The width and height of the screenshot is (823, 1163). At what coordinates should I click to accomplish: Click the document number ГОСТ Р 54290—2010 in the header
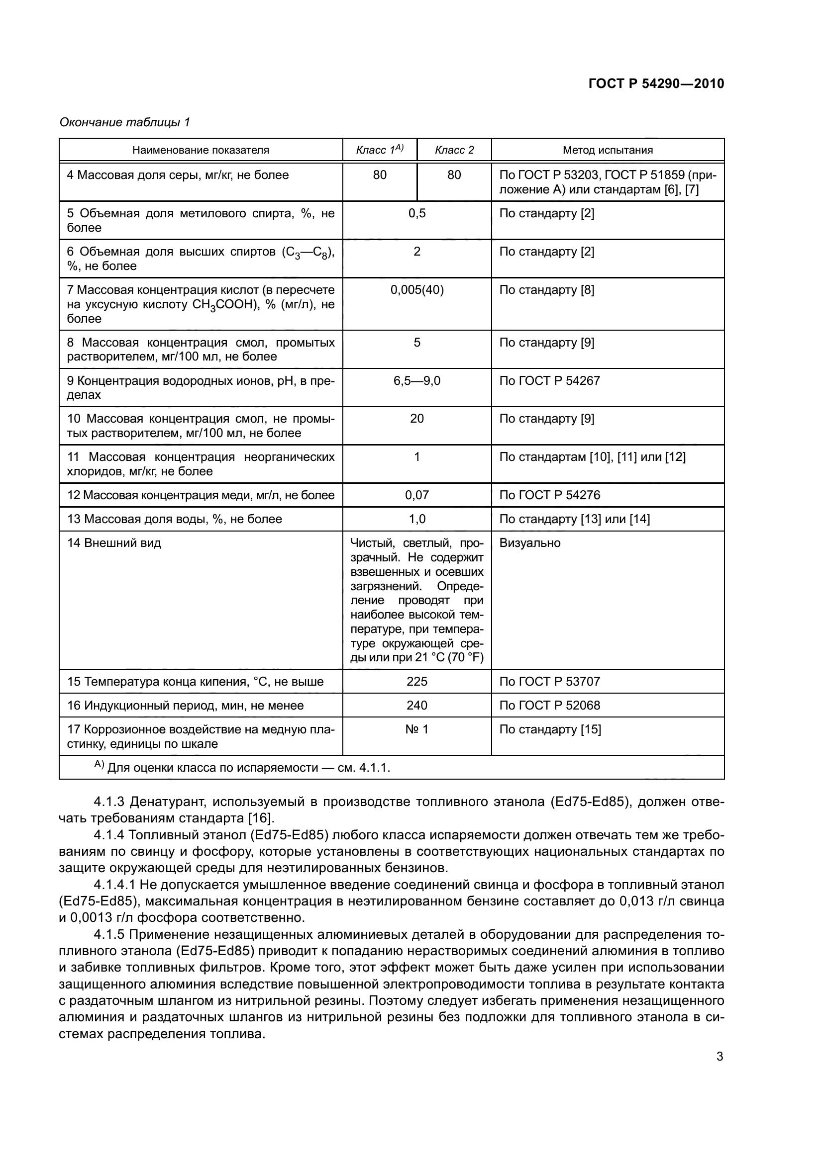click(x=656, y=84)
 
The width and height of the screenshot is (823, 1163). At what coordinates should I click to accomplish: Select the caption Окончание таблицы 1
click(x=125, y=122)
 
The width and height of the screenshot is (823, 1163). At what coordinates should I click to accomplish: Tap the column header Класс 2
click(x=454, y=150)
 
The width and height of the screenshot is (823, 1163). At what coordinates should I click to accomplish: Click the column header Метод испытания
click(x=607, y=150)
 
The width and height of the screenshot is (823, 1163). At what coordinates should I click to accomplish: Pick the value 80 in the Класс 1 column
click(x=380, y=175)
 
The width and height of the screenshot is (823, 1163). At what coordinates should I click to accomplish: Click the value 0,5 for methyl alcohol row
click(x=416, y=213)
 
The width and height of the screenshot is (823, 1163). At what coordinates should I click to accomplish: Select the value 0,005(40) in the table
click(x=416, y=290)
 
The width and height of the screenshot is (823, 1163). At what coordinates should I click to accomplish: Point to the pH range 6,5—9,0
click(x=416, y=380)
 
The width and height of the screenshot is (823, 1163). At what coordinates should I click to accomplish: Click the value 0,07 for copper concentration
click(x=416, y=495)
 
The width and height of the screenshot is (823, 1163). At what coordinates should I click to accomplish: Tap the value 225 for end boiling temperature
click(x=416, y=681)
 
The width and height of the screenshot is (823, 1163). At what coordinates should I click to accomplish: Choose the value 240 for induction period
click(x=416, y=705)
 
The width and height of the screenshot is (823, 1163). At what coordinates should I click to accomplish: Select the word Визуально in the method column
click(x=529, y=543)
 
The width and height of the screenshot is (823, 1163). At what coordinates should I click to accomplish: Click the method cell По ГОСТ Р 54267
click(x=549, y=380)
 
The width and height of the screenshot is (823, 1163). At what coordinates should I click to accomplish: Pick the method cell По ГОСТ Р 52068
click(x=549, y=705)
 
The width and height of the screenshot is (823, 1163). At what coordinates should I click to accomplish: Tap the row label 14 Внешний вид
click(x=114, y=543)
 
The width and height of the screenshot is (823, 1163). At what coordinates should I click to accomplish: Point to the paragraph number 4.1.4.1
click(x=114, y=885)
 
